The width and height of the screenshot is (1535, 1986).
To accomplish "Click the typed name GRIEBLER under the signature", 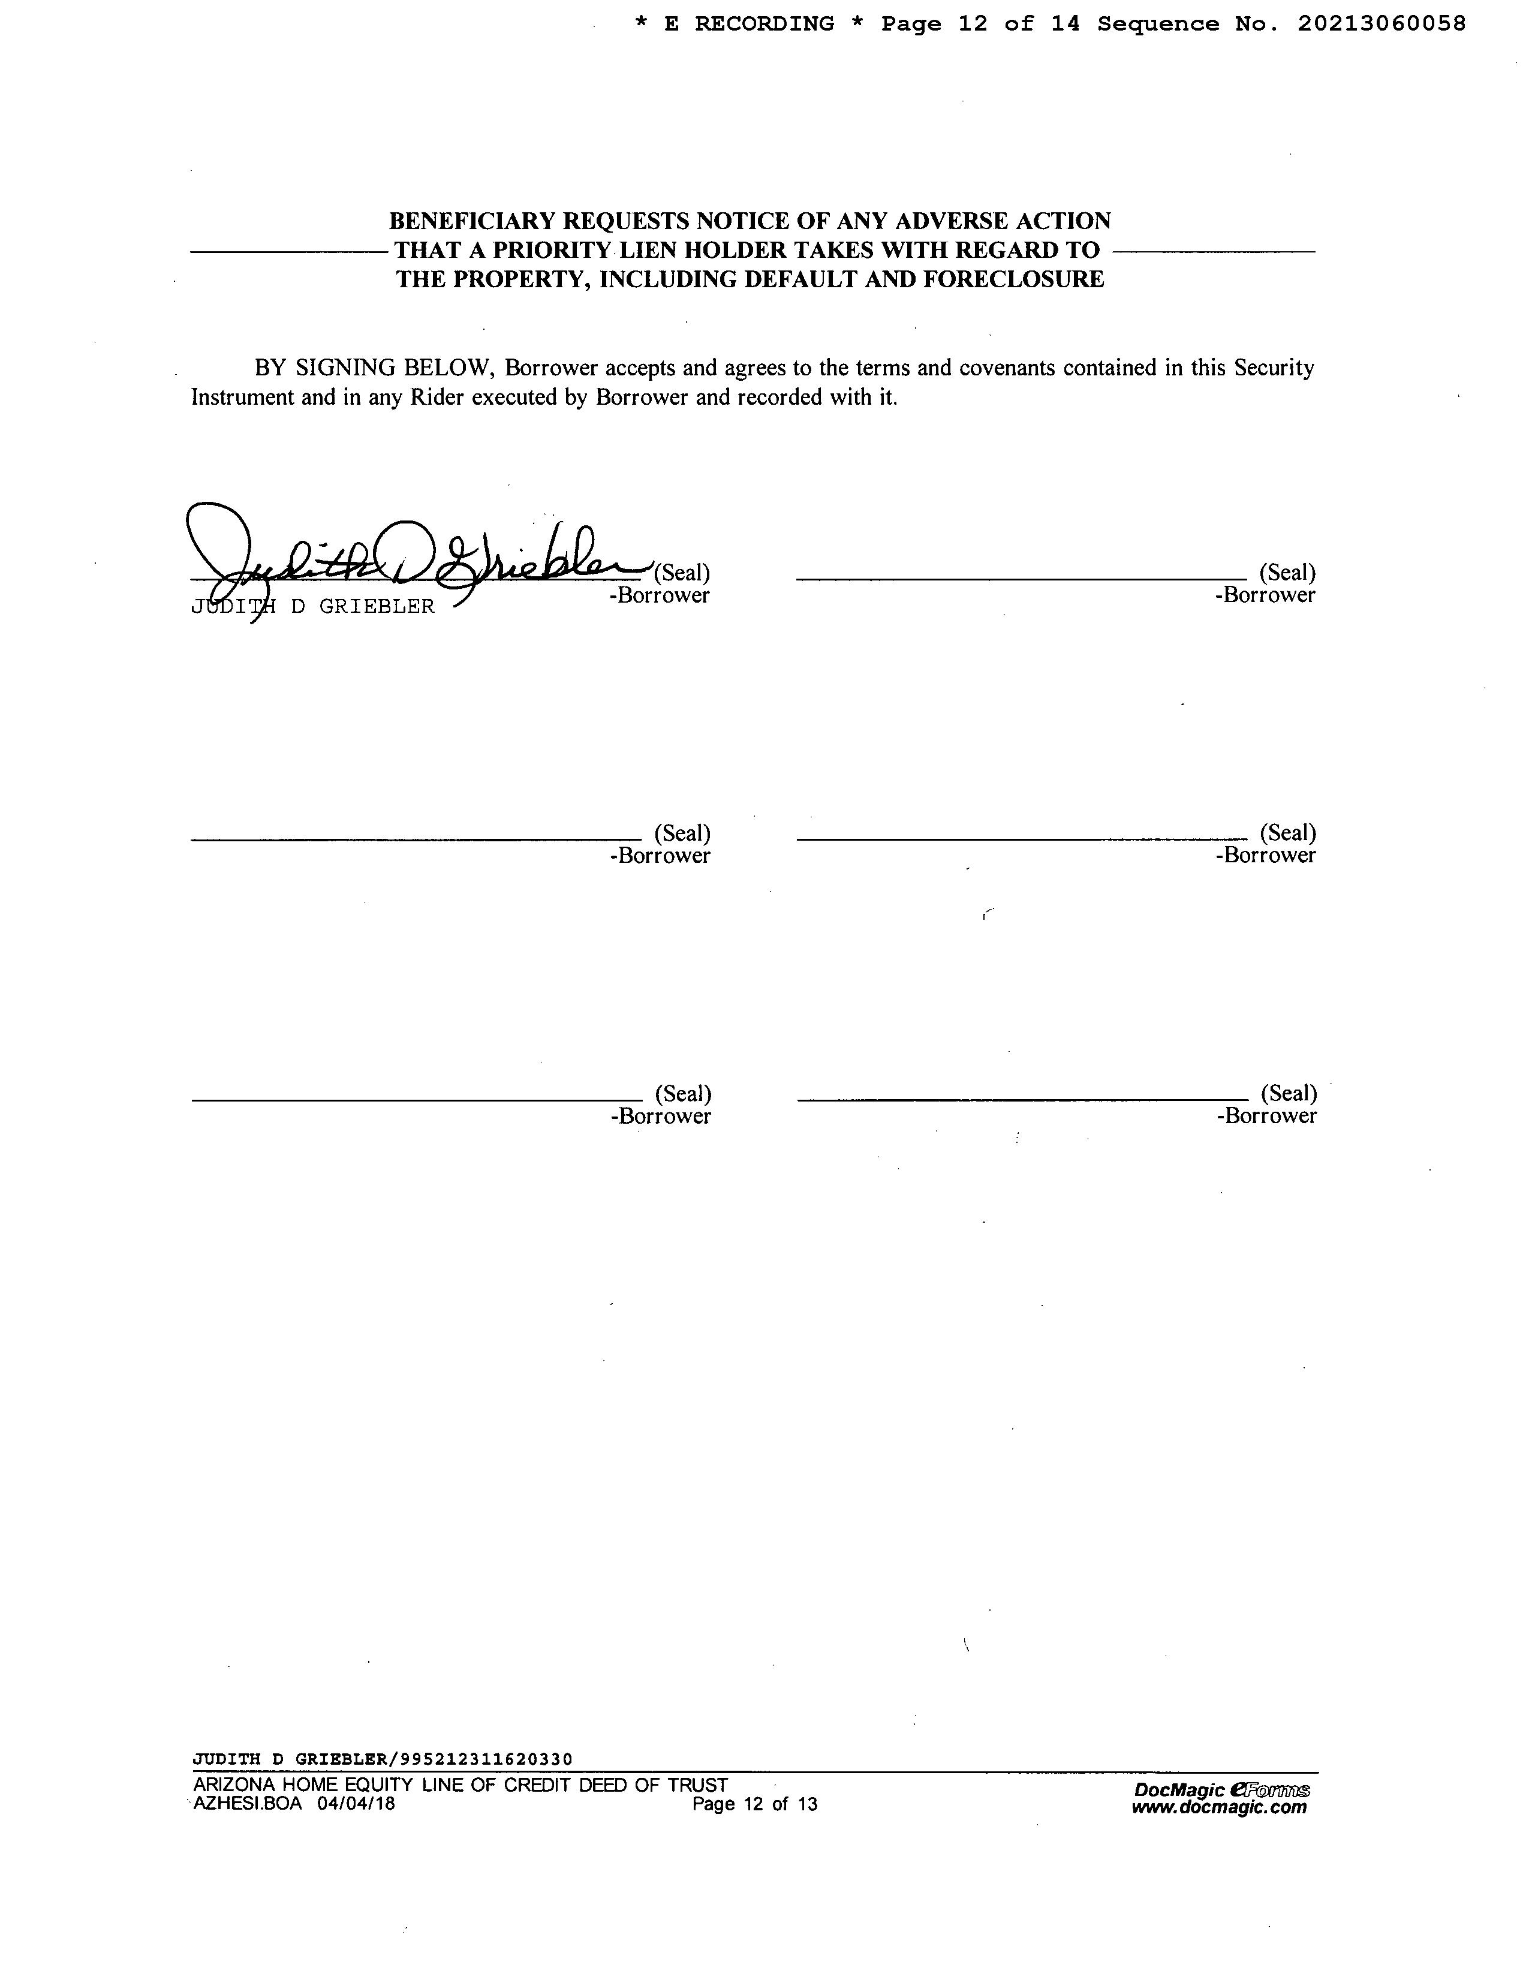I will coord(377,606).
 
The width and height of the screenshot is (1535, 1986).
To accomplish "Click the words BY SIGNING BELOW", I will coord(374,368).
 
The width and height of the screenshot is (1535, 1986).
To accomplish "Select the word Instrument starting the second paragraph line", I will coord(242,398).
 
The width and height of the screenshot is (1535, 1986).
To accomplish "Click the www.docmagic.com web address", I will coord(1218,1807).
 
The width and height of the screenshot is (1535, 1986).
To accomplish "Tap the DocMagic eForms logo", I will coord(1221,1789).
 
